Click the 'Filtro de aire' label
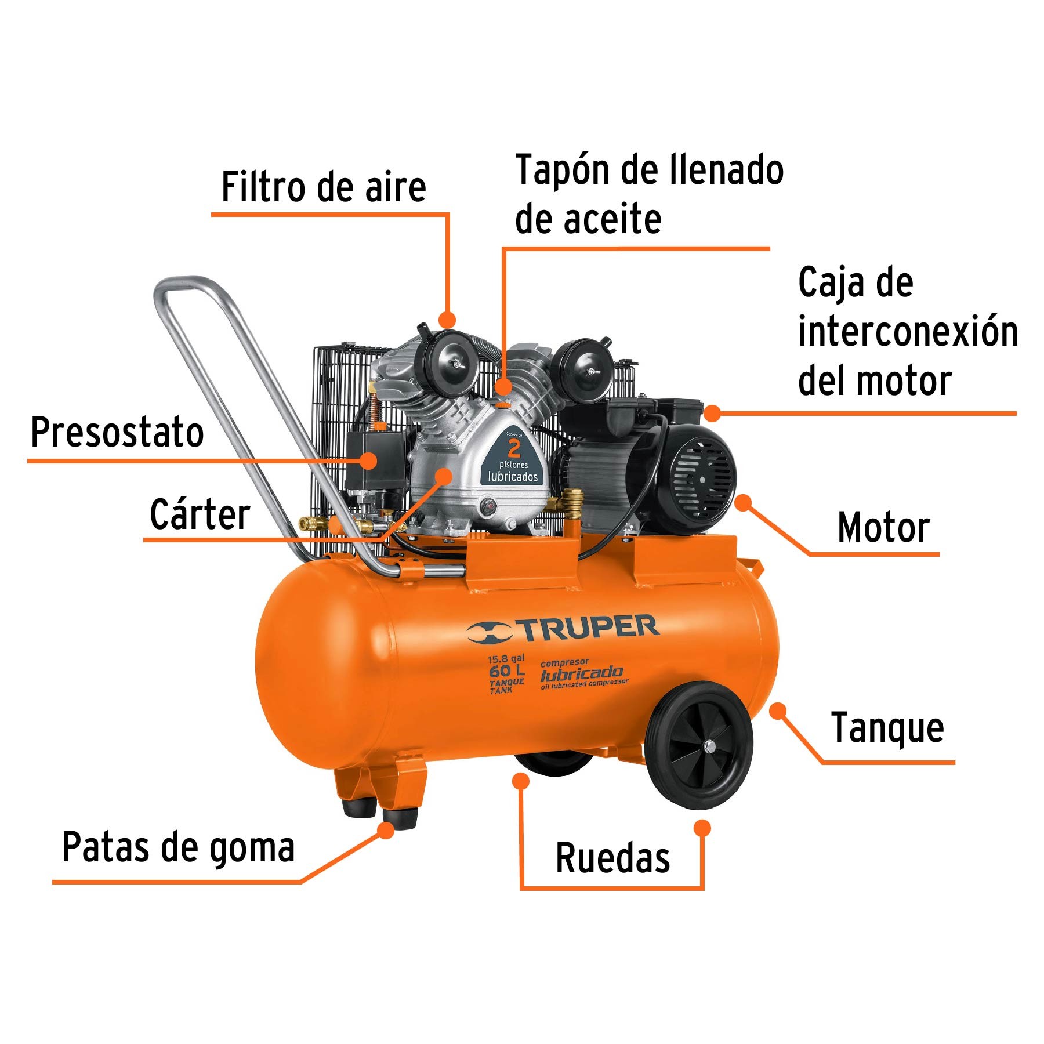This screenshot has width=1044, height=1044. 324,187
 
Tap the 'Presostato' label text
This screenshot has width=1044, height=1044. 117,433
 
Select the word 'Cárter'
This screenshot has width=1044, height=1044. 200,514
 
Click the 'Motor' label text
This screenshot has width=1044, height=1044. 883,528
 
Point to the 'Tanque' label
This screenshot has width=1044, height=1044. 887,728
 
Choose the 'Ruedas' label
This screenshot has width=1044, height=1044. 612,858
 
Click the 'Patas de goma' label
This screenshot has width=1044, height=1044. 178,847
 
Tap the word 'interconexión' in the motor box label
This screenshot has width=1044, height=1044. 908,332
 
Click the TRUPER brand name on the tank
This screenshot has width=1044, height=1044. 589,629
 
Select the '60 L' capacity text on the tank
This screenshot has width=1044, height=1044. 506,672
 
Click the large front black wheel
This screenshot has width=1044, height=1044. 699,746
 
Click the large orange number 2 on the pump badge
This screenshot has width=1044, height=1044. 514,448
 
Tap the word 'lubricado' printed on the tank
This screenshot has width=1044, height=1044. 581,674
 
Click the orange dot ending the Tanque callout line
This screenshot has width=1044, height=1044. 777,710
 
